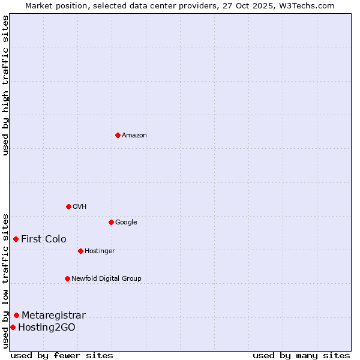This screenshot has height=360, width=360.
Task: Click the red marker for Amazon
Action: point(118,135)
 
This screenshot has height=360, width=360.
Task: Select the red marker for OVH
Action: point(68,206)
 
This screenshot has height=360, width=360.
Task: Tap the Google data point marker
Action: point(111,222)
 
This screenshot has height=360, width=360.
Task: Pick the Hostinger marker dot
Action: point(80,251)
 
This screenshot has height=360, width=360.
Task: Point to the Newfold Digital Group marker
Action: point(67,278)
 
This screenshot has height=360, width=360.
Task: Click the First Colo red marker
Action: point(16,239)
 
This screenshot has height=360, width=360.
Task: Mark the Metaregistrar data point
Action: point(16,315)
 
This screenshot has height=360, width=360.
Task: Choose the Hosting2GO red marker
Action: point(13,327)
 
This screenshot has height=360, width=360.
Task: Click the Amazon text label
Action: point(134,136)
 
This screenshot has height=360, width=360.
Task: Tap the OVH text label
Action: point(80,207)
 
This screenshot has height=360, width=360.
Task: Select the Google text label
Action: point(126,223)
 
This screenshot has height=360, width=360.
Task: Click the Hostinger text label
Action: point(100,251)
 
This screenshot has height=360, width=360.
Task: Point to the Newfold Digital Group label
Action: point(106,279)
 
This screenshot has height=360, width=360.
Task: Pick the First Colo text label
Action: point(44,239)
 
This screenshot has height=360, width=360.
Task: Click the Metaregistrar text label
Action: point(53,316)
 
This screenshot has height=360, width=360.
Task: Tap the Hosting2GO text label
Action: point(47,328)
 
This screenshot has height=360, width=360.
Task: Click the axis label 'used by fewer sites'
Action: point(62,355)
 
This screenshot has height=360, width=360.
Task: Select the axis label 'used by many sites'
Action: point(301,355)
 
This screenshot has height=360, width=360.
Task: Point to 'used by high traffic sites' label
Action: point(5,85)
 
